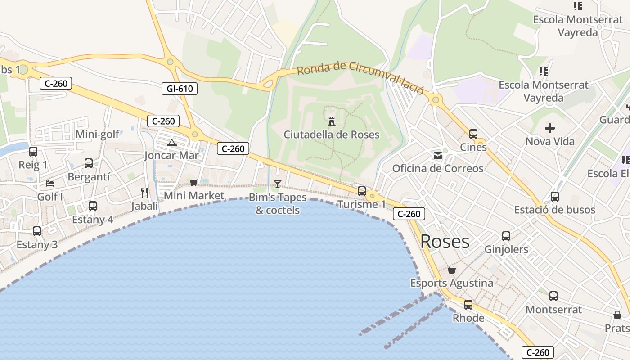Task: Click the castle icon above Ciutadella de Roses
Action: pyautogui.click(x=332, y=121)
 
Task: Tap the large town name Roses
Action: pyautogui.click(x=445, y=242)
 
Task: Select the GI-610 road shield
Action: pyautogui.click(x=180, y=89)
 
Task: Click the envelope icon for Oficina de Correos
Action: pyautogui.click(x=437, y=156)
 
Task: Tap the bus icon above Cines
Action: pyautogui.click(x=473, y=134)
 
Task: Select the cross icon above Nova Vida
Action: pyautogui.click(x=549, y=128)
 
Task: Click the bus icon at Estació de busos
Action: pyautogui.click(x=555, y=197)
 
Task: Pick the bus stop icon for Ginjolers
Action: pyautogui.click(x=506, y=236)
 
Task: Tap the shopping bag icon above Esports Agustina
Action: pyautogui.click(x=452, y=270)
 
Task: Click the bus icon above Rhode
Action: pyautogui.click(x=468, y=305)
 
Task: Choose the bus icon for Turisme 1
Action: pyautogui.click(x=362, y=191)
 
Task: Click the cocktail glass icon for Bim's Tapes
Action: pyautogui.click(x=278, y=184)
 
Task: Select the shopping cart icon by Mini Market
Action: pyautogui.click(x=194, y=182)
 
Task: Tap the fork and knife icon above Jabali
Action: pyautogui.click(x=144, y=193)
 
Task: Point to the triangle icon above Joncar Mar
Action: pyautogui.click(x=171, y=143)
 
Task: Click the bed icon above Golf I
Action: pyautogui.click(x=50, y=184)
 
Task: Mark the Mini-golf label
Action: pyautogui.click(x=98, y=134)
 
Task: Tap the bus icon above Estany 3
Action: pyautogui.click(x=37, y=231)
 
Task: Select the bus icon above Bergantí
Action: pyautogui.click(x=89, y=163)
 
